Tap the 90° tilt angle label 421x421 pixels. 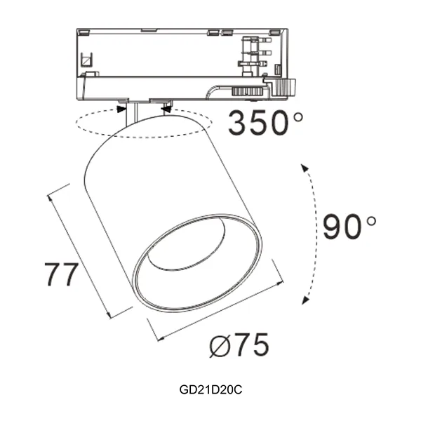click(349, 227)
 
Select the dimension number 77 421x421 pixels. click(61, 274)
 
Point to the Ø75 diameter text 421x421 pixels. click(239, 345)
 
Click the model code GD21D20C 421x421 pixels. click(210, 388)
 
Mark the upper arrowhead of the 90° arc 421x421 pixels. click(304, 167)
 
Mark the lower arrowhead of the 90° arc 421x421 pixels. click(305, 300)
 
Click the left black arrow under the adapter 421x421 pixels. click(122, 107)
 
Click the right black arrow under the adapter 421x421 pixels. click(166, 107)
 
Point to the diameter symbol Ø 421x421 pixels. click(220, 345)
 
